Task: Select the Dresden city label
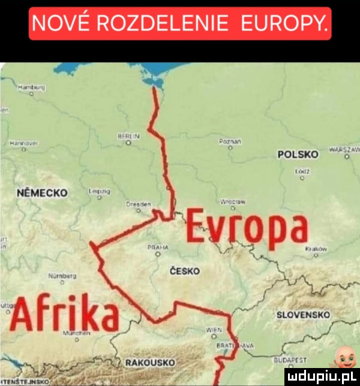point(136,204)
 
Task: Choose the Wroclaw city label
point(231,203)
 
